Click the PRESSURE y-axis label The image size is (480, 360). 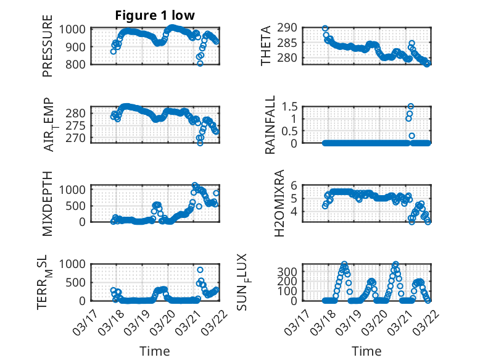coord(48,49)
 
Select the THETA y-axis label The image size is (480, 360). coord(266,45)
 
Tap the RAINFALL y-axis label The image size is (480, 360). coord(270,127)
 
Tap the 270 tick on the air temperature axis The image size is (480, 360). coord(82,138)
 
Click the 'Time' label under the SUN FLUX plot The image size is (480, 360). coord(366,351)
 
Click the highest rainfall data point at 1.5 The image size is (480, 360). coord(410,106)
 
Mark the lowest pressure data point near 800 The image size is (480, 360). coord(200,64)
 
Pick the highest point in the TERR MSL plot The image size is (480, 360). coord(200,270)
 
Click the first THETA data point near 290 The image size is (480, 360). coord(325,28)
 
